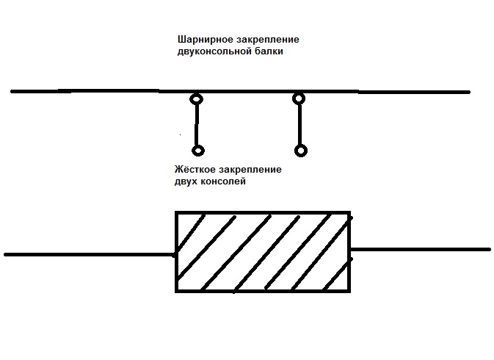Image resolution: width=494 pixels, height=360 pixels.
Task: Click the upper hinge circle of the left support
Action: [196, 99]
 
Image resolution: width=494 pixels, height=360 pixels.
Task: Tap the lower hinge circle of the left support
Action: [197, 151]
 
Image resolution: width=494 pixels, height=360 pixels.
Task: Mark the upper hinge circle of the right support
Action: [299, 98]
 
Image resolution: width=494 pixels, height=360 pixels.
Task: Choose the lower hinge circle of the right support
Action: [300, 151]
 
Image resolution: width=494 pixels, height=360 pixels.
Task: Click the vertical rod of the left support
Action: [197, 125]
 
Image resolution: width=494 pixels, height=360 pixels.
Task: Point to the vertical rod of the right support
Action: [299, 125]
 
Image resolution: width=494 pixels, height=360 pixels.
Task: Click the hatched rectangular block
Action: [262, 252]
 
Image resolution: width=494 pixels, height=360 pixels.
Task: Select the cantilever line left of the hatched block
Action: [88, 254]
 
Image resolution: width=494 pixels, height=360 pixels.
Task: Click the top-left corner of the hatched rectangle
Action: [176, 213]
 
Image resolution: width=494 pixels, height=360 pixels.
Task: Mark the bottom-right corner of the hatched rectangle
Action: [349, 290]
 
